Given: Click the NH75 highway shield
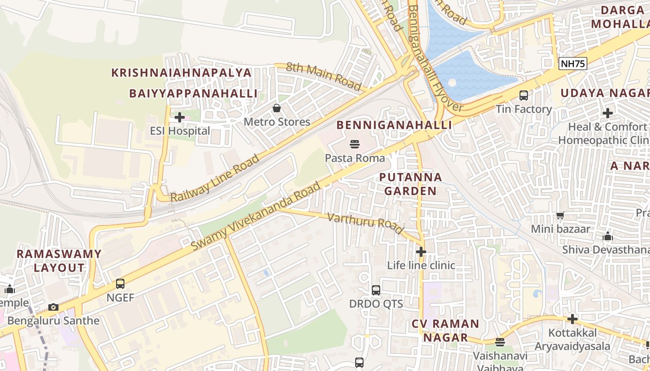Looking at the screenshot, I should pos(573,64).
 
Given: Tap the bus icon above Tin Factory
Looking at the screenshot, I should pos(524,96).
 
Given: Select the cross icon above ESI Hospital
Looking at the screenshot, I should pos(180,117).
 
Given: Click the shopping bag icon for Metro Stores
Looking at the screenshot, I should pos(277,108).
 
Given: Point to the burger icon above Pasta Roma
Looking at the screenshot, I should pos(355,144).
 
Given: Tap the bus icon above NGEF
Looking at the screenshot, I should pos(120,283).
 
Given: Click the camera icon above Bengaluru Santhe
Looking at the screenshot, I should pos(53,307).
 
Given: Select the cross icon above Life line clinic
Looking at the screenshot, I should pos(421,252).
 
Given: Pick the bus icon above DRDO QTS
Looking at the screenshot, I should pos(376,290).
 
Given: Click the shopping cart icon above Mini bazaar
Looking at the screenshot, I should pos(560,215).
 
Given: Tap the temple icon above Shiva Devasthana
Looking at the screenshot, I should pos(608,236).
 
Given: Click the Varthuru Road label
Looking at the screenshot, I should pos(365,223).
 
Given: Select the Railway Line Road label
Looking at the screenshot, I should pos(215,178).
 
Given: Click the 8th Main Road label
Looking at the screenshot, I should pos(324,77).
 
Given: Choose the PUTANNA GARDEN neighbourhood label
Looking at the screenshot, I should pos(410,184).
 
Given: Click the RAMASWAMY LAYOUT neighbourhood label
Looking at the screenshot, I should pos(58,261).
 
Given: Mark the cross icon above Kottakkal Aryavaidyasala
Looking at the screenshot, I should pos(572,319).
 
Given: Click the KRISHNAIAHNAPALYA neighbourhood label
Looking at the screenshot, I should pos(182,73).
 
